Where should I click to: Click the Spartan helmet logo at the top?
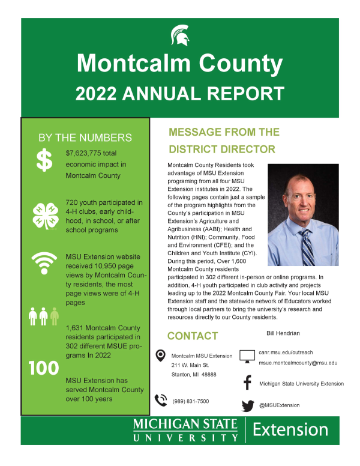(180, 35)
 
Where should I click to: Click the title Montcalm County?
(180, 63)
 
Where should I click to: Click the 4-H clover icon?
(44, 214)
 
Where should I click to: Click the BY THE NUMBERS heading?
(85, 138)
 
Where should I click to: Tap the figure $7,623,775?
(86, 153)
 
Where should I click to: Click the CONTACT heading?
(193, 336)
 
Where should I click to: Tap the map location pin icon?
(160, 356)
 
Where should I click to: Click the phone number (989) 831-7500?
(191, 401)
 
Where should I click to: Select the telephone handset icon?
(160, 400)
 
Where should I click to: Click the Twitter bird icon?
(247, 406)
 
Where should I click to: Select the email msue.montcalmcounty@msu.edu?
(298, 363)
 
